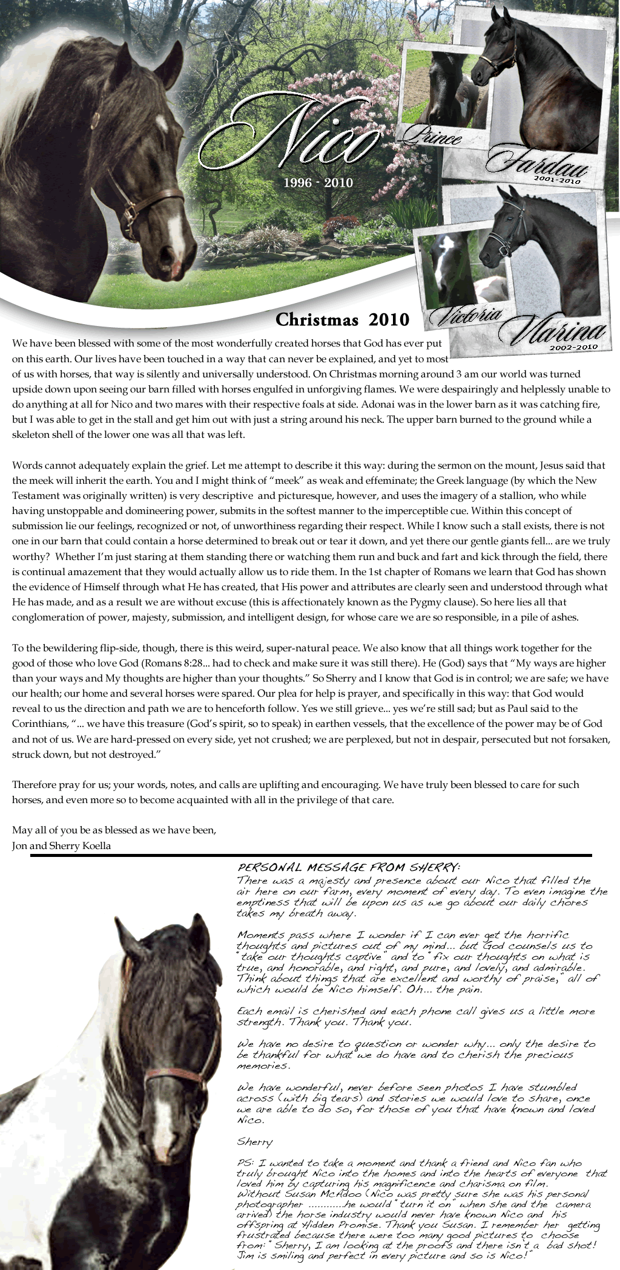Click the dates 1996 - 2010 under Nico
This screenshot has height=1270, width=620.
coord(322,182)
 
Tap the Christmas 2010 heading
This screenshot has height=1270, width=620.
coord(342,319)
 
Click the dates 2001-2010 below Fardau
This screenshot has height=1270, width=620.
coord(557,180)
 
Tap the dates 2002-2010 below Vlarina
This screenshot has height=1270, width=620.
coord(573,347)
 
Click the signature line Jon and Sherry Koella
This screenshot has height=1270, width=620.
coord(61,845)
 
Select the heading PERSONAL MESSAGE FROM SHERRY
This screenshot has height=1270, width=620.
coord(349,865)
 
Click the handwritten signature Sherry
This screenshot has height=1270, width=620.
coord(255,1142)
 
